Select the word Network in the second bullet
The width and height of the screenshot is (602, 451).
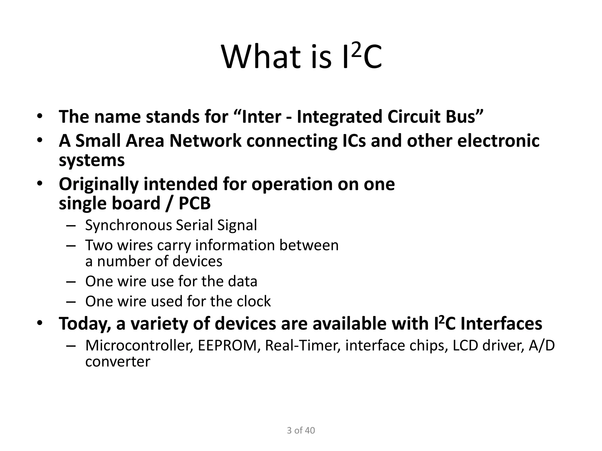(205, 141)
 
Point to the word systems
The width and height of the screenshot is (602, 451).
(92, 161)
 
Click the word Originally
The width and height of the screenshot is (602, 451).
(98, 184)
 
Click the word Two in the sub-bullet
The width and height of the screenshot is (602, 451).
(99, 245)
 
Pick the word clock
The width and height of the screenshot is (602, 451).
(253, 301)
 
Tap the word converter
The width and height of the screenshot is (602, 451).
(118, 362)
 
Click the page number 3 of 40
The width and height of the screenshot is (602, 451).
(301, 430)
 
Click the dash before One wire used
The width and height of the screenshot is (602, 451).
(71, 302)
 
